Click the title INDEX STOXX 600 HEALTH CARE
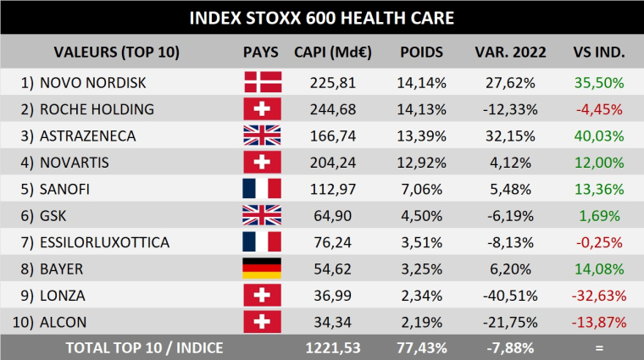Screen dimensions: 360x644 click(321, 17)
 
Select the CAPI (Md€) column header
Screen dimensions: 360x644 click(330, 53)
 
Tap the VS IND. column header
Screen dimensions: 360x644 click(599, 53)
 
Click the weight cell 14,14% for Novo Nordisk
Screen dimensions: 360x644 click(421, 82)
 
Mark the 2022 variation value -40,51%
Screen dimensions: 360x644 click(510, 296)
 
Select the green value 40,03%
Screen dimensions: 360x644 click(599, 136)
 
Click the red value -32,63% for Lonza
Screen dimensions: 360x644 click(599, 296)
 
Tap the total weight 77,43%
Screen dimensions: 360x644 click(421, 347)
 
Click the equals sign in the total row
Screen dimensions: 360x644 click(599, 347)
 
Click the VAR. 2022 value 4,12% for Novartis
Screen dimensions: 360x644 click(510, 163)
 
